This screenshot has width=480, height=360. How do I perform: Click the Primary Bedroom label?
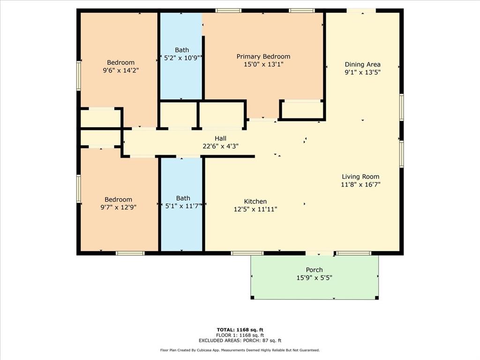[x=263, y=57]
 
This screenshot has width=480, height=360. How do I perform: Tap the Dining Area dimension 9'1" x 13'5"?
[x=362, y=72]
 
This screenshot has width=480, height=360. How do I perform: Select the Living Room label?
[x=360, y=177]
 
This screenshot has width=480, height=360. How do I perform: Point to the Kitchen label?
[x=255, y=202]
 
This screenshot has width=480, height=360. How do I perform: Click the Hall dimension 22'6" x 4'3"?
[x=220, y=146]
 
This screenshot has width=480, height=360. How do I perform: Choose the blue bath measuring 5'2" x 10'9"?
[x=181, y=75]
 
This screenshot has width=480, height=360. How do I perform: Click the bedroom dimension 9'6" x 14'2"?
[x=120, y=70]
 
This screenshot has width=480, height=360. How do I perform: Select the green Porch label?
[x=314, y=270]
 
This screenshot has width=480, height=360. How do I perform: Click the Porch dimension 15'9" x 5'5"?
[x=314, y=277]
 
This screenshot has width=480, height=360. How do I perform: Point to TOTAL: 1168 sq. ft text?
[x=243, y=330]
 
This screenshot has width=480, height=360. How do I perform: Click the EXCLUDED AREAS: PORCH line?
[x=243, y=341]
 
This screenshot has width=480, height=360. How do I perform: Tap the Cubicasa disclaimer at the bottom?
[x=240, y=350]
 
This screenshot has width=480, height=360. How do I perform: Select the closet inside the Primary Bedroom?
[x=302, y=110]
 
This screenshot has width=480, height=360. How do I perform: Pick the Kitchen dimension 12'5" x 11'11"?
[x=255, y=209]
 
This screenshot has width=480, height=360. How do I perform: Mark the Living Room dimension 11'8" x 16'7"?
[x=360, y=184]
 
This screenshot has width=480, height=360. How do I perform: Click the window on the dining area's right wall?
[x=401, y=107]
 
